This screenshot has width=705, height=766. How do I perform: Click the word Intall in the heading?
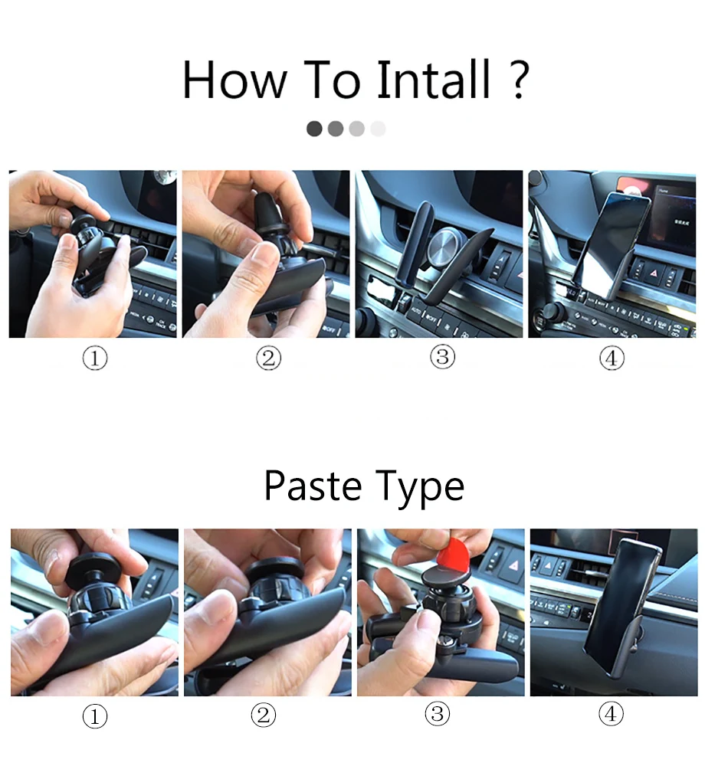point(433,79)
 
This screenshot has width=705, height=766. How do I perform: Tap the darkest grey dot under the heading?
point(314,129)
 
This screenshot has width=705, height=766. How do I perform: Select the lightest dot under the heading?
point(378,129)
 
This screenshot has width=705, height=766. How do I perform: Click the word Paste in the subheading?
point(313,486)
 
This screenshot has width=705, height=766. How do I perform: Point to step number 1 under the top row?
point(95,358)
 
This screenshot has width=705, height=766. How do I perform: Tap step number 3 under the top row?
point(442,357)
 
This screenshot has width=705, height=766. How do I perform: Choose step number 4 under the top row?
point(612,358)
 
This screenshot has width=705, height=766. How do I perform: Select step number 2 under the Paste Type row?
point(264,715)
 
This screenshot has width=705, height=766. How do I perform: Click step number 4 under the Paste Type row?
point(611,714)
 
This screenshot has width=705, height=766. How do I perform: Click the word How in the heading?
point(234,79)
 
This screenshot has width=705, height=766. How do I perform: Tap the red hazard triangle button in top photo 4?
point(654,273)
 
